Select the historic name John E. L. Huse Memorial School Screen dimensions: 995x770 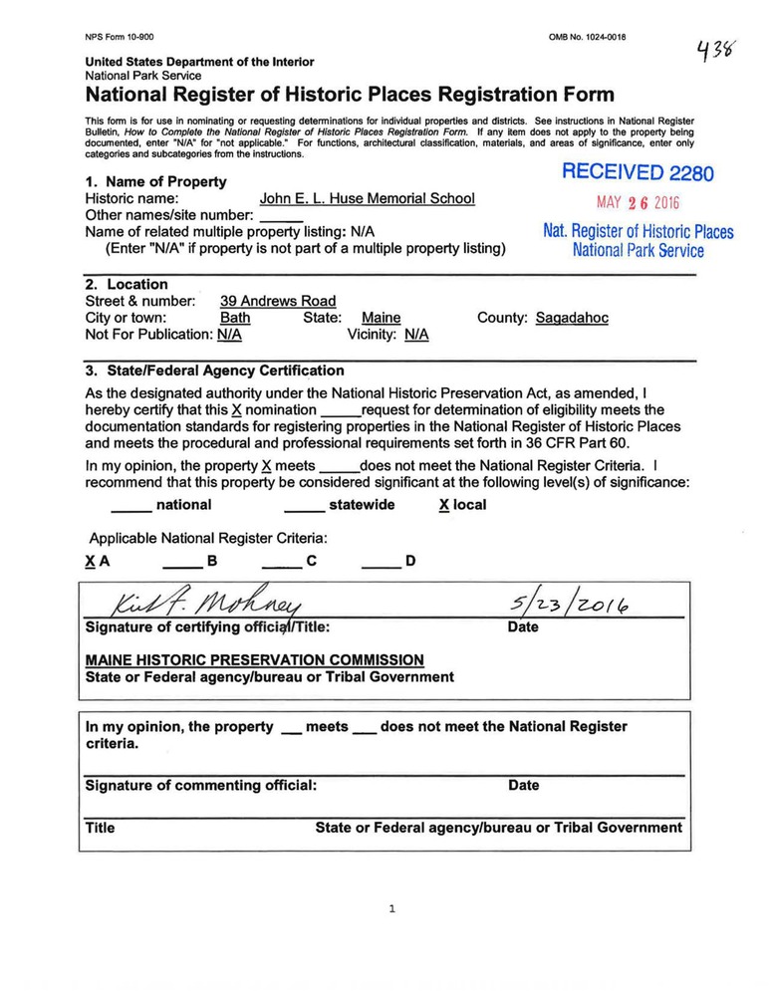pyautogui.click(x=367, y=198)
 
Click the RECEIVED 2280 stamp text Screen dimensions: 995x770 pyautogui.click(x=638, y=172)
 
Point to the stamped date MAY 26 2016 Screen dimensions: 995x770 pyautogui.click(x=638, y=202)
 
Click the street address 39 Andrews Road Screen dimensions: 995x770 pyautogui.click(x=278, y=301)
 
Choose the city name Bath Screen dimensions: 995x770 pyautogui.click(x=235, y=318)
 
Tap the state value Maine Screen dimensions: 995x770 pyautogui.click(x=381, y=318)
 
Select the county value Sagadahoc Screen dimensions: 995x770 pyautogui.click(x=571, y=318)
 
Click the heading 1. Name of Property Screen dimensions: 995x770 pyautogui.click(x=155, y=181)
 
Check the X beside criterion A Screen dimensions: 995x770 pyautogui.click(x=91, y=562)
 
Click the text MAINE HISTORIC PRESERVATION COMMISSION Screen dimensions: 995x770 pyautogui.click(x=255, y=659)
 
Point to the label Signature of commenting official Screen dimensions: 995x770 pyautogui.click(x=201, y=785)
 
